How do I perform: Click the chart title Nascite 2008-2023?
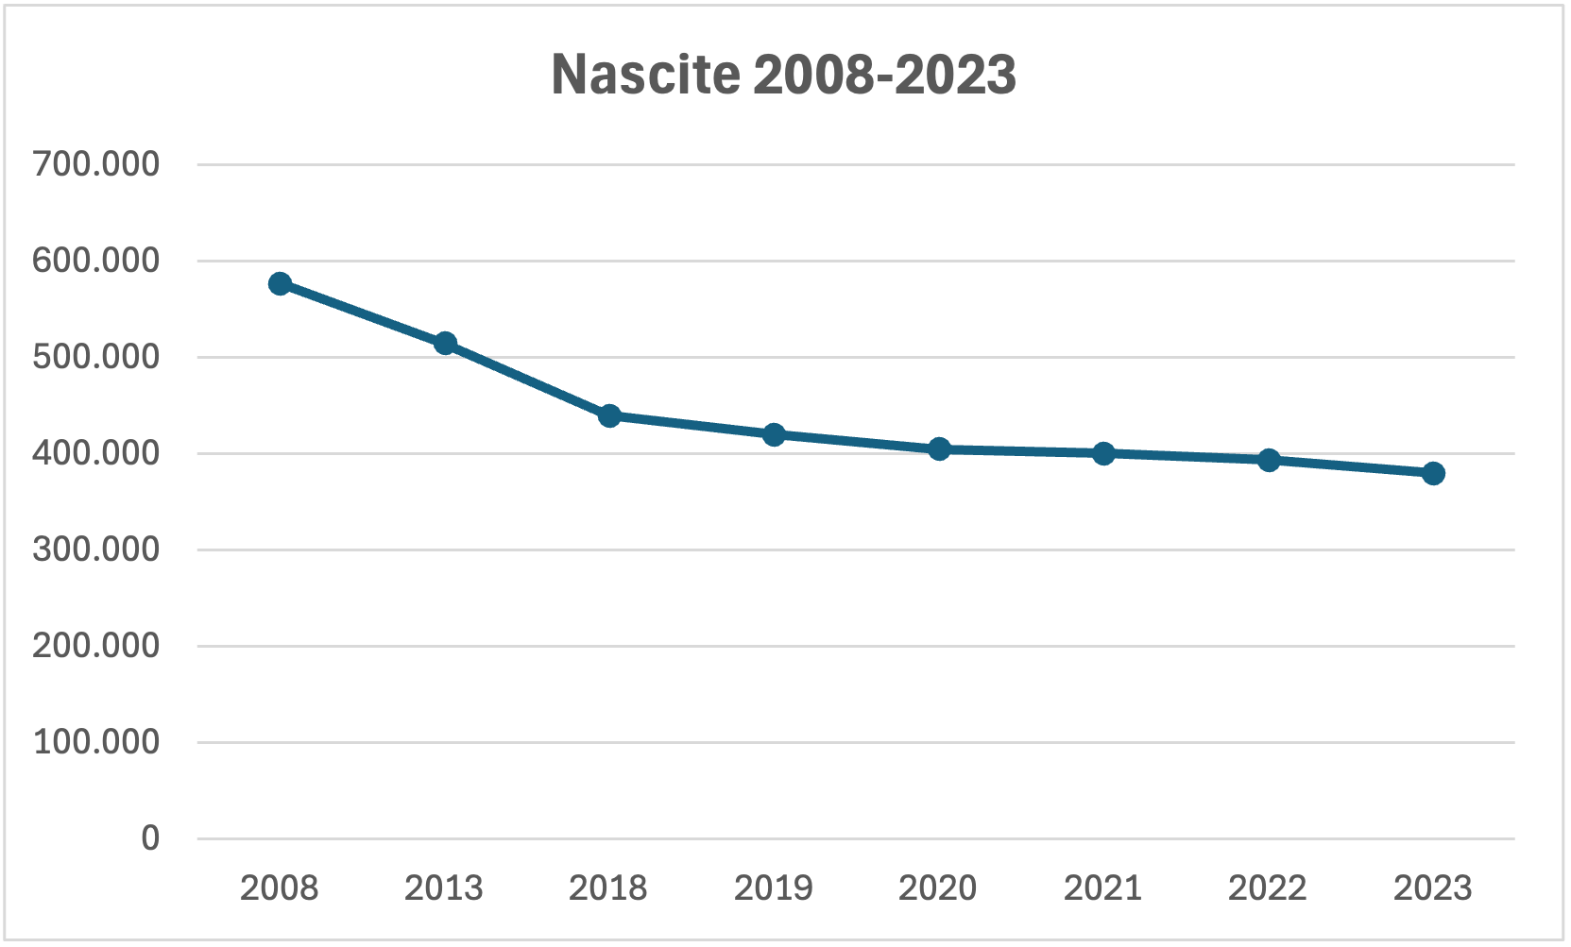(x=783, y=75)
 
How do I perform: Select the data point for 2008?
(x=280, y=284)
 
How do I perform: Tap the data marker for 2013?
(x=445, y=344)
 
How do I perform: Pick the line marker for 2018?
(x=609, y=415)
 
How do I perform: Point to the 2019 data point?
(x=774, y=434)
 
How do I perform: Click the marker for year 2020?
(x=939, y=449)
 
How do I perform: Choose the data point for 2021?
(x=1103, y=453)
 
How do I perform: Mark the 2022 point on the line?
(x=1268, y=461)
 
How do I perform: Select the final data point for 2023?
(x=1433, y=474)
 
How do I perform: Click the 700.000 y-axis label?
(x=96, y=164)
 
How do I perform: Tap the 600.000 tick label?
(x=96, y=261)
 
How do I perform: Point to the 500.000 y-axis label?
(x=96, y=358)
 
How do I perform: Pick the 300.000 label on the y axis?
(x=96, y=550)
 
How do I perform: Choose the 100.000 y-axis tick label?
(x=96, y=742)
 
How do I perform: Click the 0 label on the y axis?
(x=150, y=838)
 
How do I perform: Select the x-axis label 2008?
(x=279, y=888)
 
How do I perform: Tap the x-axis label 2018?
(x=608, y=888)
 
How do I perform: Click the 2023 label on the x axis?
(x=1432, y=888)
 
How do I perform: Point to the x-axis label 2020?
(x=938, y=888)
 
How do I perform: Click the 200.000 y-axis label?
(x=96, y=646)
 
